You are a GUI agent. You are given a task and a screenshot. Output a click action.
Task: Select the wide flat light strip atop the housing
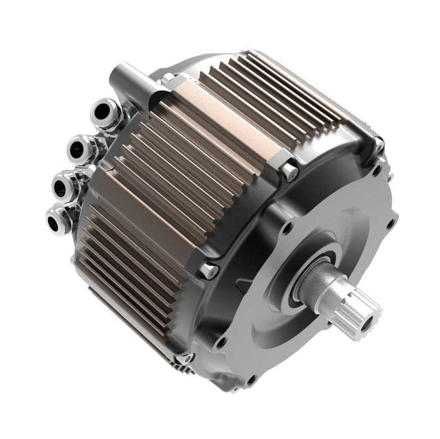click(x=220, y=124)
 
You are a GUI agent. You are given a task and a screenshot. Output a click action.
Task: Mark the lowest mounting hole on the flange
click(x=250, y=379)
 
